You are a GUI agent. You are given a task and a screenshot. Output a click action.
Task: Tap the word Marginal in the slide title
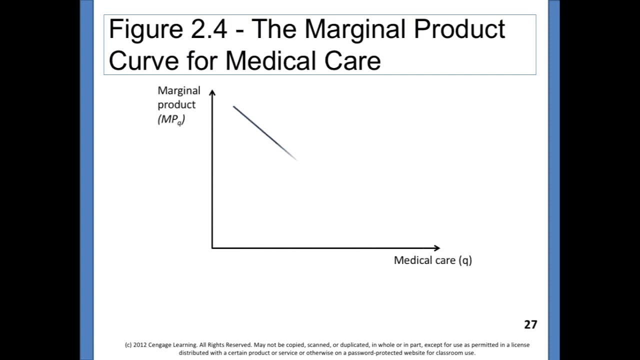355,29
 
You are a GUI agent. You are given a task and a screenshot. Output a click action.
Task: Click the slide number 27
530,324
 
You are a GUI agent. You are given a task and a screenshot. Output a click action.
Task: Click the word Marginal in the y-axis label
178,90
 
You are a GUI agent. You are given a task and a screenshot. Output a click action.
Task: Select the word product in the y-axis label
176,105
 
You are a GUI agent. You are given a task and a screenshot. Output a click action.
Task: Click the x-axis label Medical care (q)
432,260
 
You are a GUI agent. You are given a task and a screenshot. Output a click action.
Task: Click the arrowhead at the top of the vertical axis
212,92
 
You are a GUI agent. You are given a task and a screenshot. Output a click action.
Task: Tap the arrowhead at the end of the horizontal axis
436,247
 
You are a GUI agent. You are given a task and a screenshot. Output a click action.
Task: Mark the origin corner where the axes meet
212,247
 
